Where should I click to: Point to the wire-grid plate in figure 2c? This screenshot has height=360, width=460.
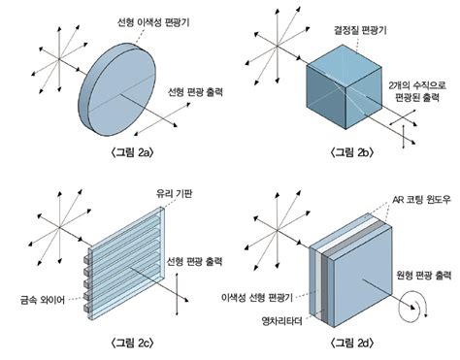point(126,257)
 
